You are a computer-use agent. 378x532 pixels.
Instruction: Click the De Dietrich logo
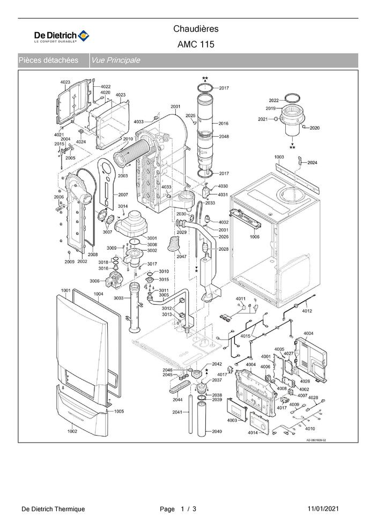[62, 36]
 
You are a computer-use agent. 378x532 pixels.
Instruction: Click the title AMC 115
[196, 44]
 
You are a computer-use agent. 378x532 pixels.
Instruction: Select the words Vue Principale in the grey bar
[115, 61]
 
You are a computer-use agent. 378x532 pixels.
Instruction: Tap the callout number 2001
[175, 107]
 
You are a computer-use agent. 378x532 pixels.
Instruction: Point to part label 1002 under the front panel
[72, 431]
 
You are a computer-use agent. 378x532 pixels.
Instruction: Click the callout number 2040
[217, 431]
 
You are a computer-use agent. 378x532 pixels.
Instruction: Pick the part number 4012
[307, 311]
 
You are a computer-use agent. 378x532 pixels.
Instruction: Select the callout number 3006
[94, 281]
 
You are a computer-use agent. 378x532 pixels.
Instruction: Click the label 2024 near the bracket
[312, 162]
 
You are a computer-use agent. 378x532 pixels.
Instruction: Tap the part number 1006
[254, 237]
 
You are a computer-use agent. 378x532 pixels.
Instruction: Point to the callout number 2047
[181, 257]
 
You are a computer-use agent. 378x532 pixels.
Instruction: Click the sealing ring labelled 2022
[292, 98]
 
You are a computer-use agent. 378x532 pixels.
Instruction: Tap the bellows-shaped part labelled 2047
[174, 244]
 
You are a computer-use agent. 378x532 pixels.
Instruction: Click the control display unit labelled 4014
[260, 422]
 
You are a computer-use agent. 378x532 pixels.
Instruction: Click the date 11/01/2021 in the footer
[323, 508]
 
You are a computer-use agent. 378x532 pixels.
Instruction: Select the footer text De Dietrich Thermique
[53, 509]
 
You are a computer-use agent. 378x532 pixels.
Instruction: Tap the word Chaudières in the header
[196, 29]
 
